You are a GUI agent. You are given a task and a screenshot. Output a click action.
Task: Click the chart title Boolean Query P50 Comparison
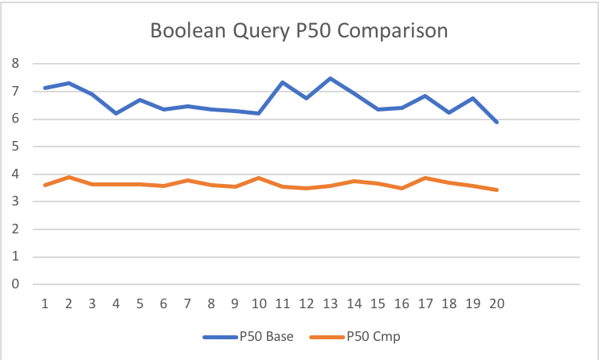299,32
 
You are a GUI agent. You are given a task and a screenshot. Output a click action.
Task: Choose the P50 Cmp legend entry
373,337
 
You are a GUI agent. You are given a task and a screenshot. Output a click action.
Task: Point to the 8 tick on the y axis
14,65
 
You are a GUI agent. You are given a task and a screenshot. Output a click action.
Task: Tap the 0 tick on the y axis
14,284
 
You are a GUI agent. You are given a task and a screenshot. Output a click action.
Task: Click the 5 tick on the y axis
14,147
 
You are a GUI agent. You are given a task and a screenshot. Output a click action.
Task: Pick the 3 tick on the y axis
14,202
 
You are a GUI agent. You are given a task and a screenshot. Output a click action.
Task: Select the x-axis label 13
330,303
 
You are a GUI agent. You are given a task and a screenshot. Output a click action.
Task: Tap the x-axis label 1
45,303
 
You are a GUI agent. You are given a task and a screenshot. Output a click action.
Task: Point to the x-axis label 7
187,303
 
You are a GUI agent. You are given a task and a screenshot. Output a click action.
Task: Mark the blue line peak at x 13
330,78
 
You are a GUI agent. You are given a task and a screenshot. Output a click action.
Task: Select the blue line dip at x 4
116,113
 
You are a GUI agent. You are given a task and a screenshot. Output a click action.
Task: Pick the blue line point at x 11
283,82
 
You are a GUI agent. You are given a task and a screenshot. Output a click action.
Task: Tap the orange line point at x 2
69,177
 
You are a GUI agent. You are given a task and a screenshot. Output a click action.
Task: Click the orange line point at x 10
259,178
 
